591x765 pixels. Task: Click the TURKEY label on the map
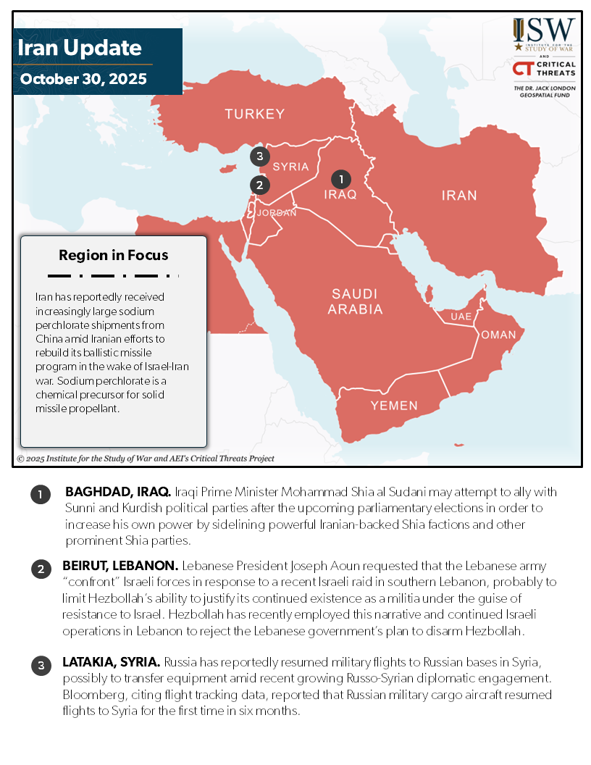pos(254,114)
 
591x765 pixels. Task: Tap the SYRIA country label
pos(290,167)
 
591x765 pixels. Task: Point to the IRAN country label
pos(459,195)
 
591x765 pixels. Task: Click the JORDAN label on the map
pos(277,213)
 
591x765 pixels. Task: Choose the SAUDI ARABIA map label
pos(355,301)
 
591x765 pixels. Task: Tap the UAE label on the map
pos(461,317)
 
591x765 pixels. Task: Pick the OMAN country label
pos(498,335)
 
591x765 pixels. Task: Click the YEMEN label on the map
pos(394,405)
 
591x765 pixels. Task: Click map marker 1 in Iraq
pos(340,178)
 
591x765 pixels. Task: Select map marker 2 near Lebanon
pos(259,185)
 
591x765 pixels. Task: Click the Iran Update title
pos(80,49)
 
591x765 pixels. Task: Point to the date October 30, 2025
pos(83,78)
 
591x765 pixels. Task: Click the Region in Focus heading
pos(114,255)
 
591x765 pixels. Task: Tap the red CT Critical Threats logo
pos(544,68)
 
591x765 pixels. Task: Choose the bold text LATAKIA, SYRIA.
pos(112,663)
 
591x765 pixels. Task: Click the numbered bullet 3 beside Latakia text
pos(40,666)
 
